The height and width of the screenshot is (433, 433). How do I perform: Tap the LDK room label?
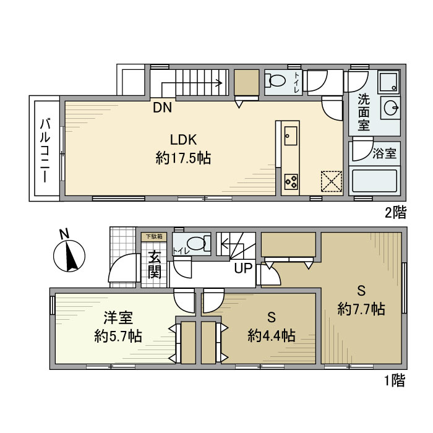click(183, 140)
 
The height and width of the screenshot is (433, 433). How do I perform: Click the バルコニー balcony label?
click(45, 149)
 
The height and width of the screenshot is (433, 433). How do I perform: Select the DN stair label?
click(163, 108)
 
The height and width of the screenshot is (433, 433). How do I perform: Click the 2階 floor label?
click(396, 213)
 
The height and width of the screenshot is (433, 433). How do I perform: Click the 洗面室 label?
click(364, 112)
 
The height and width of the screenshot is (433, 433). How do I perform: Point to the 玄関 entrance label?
click(155, 264)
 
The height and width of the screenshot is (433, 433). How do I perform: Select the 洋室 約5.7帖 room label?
click(118, 327)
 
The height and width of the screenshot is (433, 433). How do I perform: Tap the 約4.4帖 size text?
click(271, 336)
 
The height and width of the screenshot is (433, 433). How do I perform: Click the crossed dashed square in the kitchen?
click(331, 181)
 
